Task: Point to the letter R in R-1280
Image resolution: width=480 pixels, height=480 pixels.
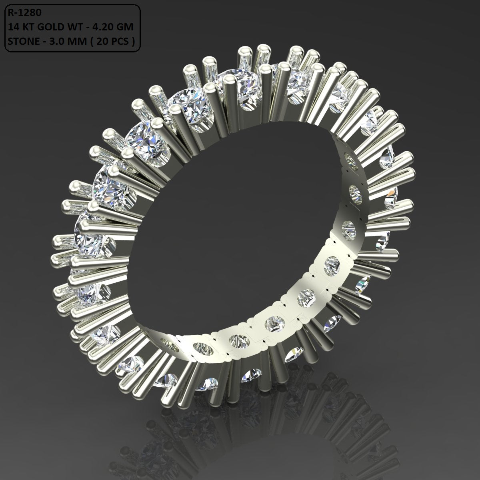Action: tap(9, 13)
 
